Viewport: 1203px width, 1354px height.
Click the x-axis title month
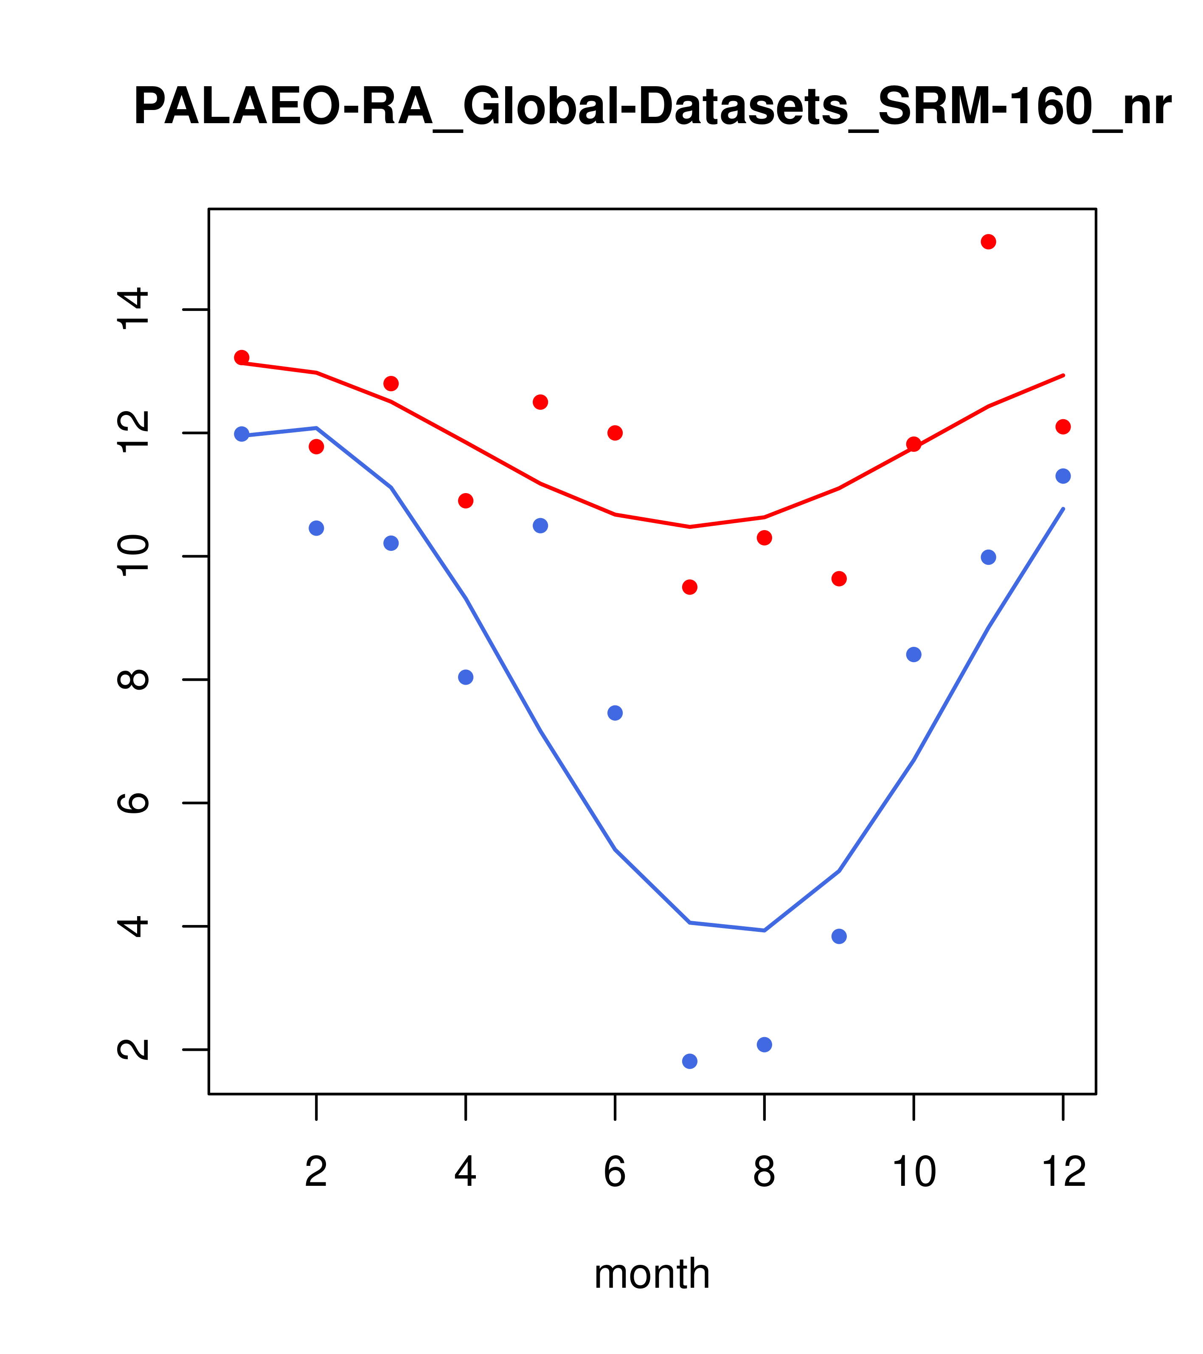(652, 1273)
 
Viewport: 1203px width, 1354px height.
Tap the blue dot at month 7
(689, 1061)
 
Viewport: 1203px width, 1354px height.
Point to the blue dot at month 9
(839, 936)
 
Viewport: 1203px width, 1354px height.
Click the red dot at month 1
(242, 357)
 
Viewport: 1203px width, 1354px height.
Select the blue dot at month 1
(242, 434)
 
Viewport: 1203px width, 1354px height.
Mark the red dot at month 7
(689, 587)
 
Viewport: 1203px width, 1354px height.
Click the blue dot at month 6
(615, 713)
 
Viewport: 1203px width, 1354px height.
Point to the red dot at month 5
(540, 402)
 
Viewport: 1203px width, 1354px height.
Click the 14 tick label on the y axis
(132, 309)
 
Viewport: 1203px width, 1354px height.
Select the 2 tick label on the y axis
(132, 1049)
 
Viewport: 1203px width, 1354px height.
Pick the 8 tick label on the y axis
(132, 680)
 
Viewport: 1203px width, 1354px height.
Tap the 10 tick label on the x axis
(913, 1172)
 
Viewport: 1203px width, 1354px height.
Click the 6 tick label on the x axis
(615, 1172)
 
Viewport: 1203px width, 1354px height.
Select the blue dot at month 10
(913, 654)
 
